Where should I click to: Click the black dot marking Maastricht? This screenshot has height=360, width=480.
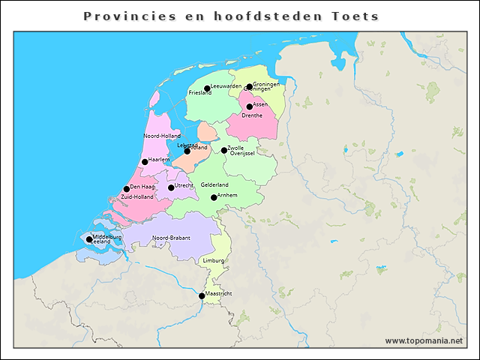[x=202, y=295]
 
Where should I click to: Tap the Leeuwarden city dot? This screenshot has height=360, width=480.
[x=208, y=88]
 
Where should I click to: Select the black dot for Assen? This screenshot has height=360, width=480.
[x=250, y=106]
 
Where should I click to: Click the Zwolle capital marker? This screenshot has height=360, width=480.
[x=224, y=150]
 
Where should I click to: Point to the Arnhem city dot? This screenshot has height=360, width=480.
[x=214, y=197]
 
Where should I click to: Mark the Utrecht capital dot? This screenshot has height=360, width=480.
[x=171, y=187]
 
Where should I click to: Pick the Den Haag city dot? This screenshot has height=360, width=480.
[x=127, y=189]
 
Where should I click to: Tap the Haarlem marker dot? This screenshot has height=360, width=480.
[x=145, y=162]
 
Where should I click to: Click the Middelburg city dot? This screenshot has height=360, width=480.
[x=89, y=240]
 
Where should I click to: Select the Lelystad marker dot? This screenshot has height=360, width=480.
[x=187, y=151]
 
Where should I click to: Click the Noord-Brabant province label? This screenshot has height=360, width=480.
[x=171, y=238]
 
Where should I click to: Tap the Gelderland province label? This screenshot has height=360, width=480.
[x=214, y=184]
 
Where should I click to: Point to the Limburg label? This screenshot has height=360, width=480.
[x=213, y=260]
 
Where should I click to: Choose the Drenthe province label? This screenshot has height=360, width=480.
[x=252, y=115]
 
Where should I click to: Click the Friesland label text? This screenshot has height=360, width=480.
[x=200, y=93]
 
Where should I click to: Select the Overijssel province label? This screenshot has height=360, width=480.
[x=242, y=154]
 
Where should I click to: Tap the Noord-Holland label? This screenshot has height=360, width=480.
[x=162, y=136]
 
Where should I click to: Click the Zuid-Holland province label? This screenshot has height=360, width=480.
[x=137, y=196]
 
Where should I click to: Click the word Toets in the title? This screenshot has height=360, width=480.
[x=355, y=16]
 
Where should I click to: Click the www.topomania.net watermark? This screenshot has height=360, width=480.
[x=424, y=340]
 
